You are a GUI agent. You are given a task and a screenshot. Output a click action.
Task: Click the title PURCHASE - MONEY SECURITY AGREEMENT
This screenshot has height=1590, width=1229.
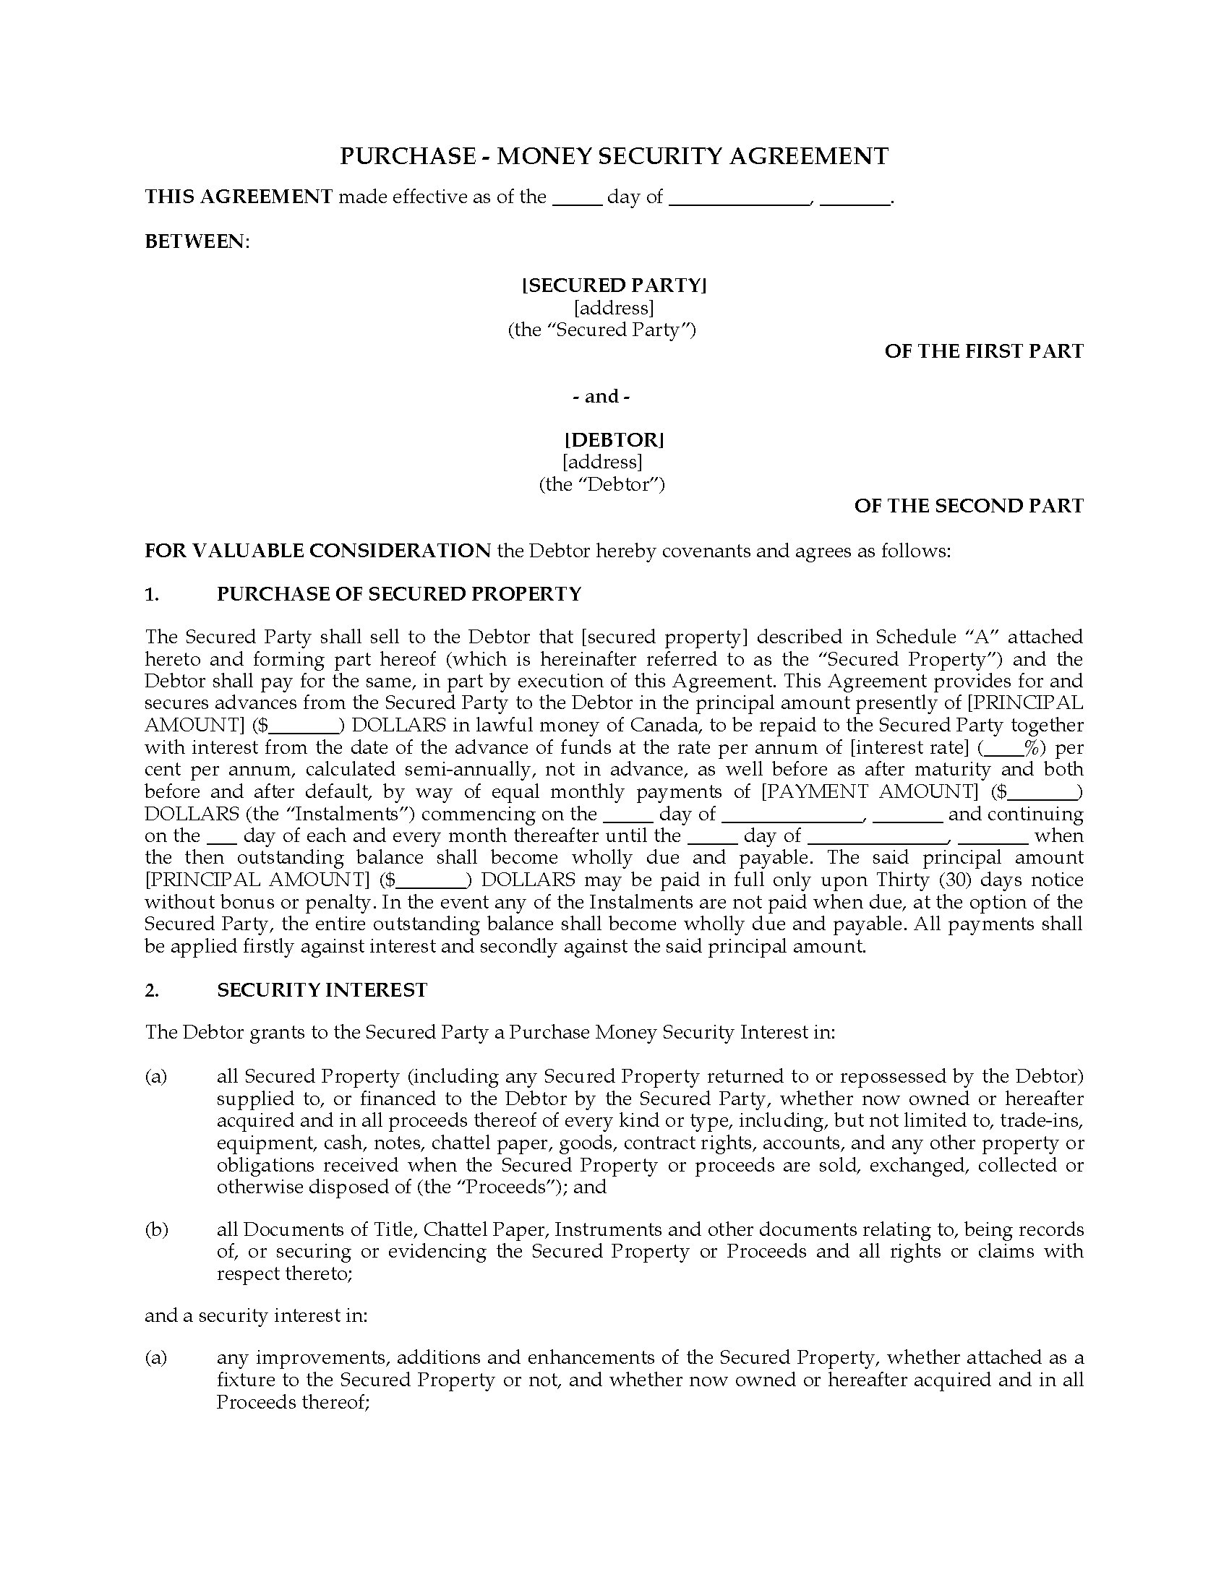coord(614,156)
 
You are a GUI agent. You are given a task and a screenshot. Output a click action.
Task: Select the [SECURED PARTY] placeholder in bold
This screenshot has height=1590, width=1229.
coord(614,285)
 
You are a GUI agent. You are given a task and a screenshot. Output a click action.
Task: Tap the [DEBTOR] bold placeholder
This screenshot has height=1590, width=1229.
coord(614,439)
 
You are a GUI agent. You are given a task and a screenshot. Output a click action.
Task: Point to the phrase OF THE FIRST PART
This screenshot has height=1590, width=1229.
coord(984,351)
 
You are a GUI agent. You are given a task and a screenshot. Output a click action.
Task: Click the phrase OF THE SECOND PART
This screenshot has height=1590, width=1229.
coord(968,506)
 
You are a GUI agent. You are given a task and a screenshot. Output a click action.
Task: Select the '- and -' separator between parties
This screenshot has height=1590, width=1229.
coord(601,396)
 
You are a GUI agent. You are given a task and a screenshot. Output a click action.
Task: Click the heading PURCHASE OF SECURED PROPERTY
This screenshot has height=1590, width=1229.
coord(399,594)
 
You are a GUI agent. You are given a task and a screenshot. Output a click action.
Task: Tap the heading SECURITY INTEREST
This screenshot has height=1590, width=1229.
coord(322,990)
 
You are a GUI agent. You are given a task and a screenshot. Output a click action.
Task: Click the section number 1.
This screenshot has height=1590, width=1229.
coord(151,594)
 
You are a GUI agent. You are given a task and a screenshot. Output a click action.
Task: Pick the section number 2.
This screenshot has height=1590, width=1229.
coord(151,990)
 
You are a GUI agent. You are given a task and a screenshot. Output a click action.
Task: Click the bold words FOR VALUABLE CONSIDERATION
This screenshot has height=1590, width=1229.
coord(317,551)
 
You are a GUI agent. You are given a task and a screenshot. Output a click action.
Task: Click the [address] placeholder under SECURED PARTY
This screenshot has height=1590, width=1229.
coord(614,308)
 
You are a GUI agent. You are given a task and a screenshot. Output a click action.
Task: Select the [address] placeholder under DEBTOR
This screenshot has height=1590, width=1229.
coord(602,462)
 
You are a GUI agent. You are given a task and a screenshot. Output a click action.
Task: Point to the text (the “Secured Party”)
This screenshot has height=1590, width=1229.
coord(601,330)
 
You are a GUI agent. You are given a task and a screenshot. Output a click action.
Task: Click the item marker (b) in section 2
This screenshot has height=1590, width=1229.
coord(156,1229)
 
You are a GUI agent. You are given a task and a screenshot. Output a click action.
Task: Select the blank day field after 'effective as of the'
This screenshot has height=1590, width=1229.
coord(577,198)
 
